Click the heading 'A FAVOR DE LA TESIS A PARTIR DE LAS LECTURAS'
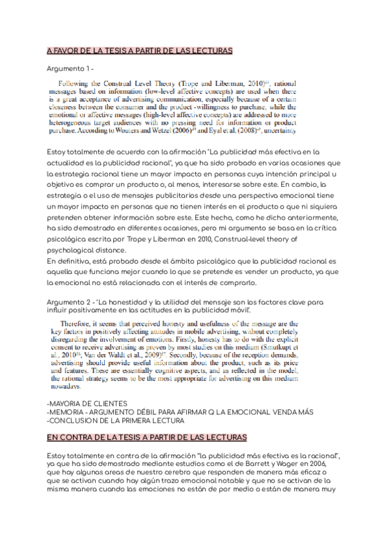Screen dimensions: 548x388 [140, 50]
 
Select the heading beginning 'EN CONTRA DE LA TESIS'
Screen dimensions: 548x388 [147, 437]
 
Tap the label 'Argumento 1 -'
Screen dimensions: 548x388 [71, 68]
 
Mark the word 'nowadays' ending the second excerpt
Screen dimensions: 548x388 [66, 387]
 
